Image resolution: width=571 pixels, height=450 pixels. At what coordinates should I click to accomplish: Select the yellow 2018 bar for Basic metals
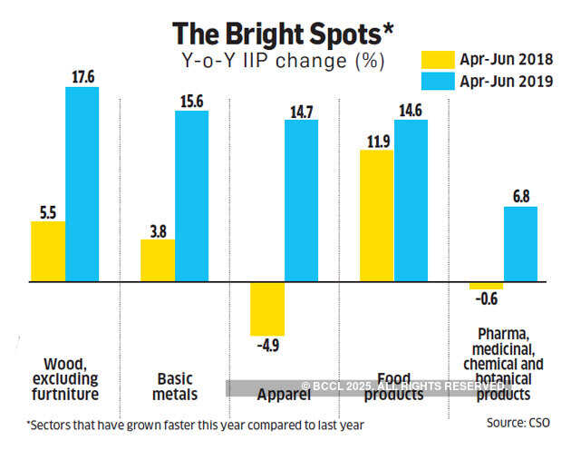pyautogui.click(x=158, y=261)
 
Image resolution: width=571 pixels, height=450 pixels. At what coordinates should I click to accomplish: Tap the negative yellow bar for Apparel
pyautogui.click(x=267, y=309)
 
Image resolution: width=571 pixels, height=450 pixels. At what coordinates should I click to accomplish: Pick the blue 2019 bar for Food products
pyautogui.click(x=411, y=201)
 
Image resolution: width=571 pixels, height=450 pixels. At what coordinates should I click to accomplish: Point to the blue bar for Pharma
pyautogui.click(x=520, y=245)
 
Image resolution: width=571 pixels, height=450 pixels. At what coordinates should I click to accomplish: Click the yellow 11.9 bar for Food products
pyautogui.click(x=377, y=217)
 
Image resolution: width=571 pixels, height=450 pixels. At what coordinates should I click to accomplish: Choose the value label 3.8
pyautogui.click(x=158, y=230)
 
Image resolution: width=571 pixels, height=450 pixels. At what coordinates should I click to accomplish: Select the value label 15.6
pyautogui.click(x=191, y=102)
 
